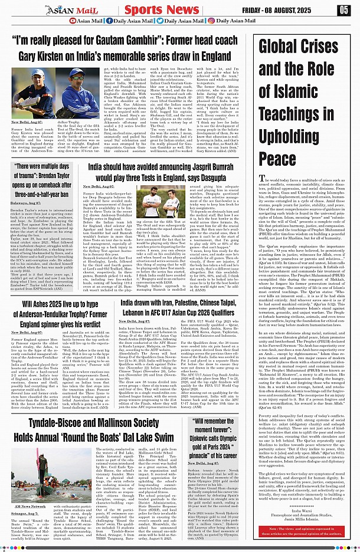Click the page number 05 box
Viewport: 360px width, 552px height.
343,10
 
